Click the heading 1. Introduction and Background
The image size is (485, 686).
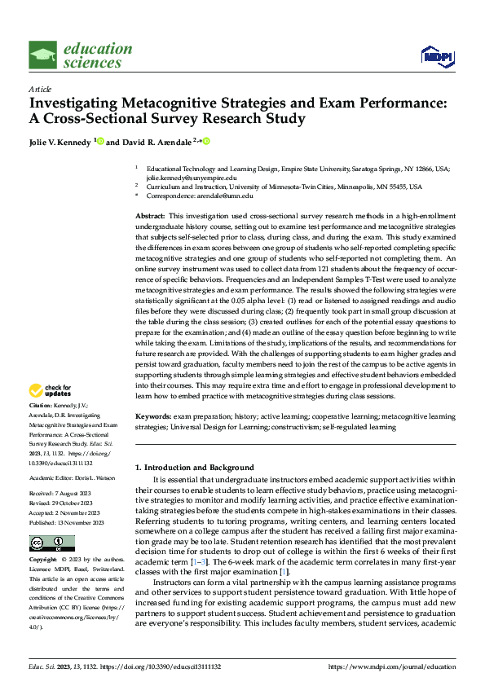pyautogui.click(x=194, y=468)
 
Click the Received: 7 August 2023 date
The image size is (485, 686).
pyautogui.click(x=60, y=470)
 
